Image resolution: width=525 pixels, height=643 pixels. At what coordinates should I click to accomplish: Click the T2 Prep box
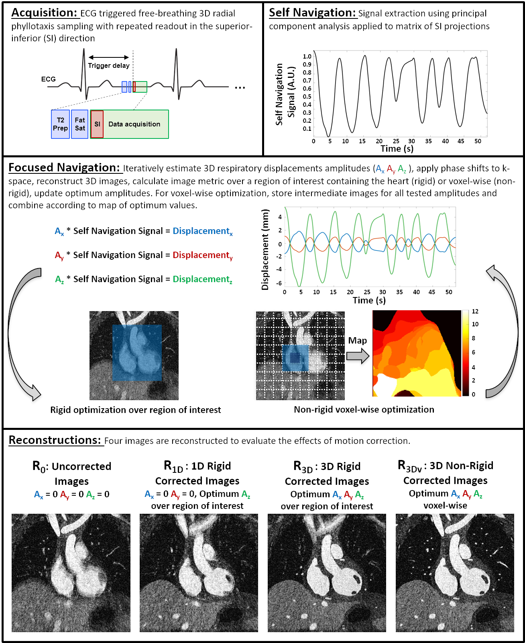60,124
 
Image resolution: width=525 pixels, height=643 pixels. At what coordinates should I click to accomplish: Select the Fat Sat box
79,124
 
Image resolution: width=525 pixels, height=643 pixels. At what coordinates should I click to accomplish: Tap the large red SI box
97,124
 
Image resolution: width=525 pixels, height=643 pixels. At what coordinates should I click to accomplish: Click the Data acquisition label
134,124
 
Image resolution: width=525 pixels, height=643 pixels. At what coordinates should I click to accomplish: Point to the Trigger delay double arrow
109,57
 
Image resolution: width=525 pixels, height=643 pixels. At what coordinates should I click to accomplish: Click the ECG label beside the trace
48,79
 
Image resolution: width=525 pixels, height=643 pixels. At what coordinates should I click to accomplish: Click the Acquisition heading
44,13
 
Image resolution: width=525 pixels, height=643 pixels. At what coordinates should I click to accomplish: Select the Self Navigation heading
312,13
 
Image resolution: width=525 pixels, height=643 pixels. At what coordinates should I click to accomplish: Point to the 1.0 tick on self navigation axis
307,57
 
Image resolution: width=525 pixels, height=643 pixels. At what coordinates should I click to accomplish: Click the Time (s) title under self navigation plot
397,149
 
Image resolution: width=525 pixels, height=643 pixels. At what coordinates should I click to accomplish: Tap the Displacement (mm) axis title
265,250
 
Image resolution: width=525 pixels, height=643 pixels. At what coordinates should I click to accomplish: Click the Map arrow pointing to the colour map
358,356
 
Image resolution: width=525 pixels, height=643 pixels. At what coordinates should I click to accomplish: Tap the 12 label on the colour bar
475,311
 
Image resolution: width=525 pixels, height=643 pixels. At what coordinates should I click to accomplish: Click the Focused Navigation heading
64,168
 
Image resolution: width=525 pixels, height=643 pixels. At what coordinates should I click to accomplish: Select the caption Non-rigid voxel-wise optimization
364,409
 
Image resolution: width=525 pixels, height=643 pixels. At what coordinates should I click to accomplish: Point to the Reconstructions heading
55,440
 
